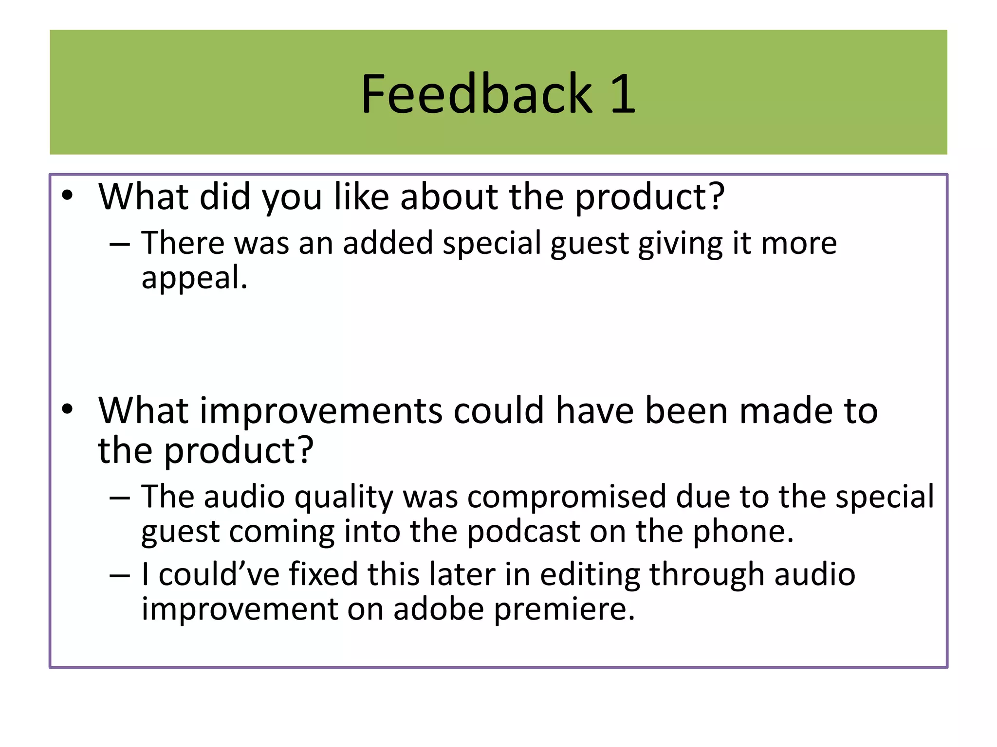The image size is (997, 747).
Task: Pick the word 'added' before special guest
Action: coord(388,243)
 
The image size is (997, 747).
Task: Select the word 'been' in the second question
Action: coord(686,411)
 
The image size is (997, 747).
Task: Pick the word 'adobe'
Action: coord(439,609)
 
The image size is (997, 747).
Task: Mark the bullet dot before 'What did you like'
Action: coord(67,196)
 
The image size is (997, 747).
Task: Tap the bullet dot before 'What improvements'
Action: coord(67,409)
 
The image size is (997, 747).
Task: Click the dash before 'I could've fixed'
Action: coord(120,576)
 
